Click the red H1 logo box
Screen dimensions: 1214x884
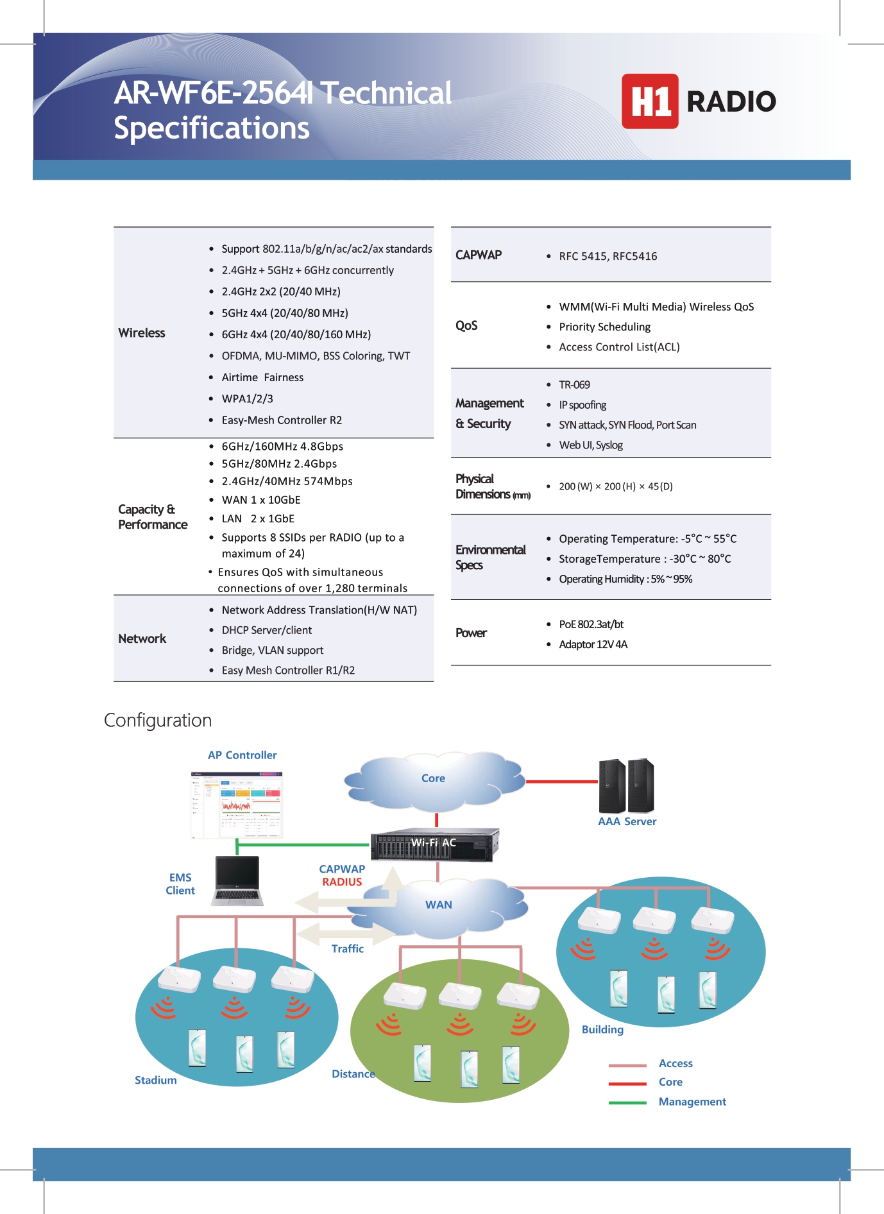(x=649, y=101)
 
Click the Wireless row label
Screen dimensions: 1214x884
(x=142, y=333)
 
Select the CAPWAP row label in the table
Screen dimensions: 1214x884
(x=479, y=255)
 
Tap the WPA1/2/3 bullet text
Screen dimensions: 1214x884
(x=247, y=399)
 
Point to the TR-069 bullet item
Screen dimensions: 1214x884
(x=574, y=385)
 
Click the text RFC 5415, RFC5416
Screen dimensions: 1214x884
(x=608, y=257)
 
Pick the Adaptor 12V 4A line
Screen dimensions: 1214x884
(x=593, y=644)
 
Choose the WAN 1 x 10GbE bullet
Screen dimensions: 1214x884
(x=260, y=500)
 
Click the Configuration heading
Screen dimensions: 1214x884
(x=158, y=721)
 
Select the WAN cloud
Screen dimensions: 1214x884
(x=439, y=905)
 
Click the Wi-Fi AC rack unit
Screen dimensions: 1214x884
(x=434, y=843)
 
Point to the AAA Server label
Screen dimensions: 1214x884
(x=627, y=822)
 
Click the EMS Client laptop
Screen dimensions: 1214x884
(x=237, y=880)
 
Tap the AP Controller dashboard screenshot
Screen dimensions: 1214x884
(x=237, y=805)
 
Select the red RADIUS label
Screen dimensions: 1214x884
(x=342, y=882)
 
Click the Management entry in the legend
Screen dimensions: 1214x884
(x=692, y=1102)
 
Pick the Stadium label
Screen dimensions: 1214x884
(x=155, y=1081)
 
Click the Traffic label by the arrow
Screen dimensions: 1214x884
(x=347, y=949)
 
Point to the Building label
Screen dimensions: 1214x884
(x=602, y=1030)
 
